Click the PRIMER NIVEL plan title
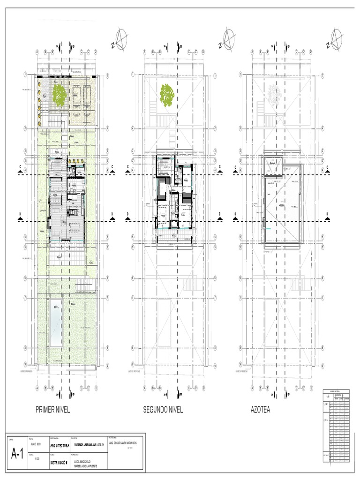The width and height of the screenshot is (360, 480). click(52, 410)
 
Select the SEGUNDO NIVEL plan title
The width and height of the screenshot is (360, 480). click(163, 410)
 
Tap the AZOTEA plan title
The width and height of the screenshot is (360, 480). click(260, 410)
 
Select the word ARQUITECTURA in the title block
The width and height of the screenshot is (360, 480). click(60, 445)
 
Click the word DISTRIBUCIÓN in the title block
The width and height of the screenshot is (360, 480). click(59, 463)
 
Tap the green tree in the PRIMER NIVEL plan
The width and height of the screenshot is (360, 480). click(59, 95)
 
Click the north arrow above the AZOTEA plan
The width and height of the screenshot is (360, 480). click(335, 39)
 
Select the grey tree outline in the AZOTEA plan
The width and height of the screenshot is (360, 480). click(275, 95)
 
